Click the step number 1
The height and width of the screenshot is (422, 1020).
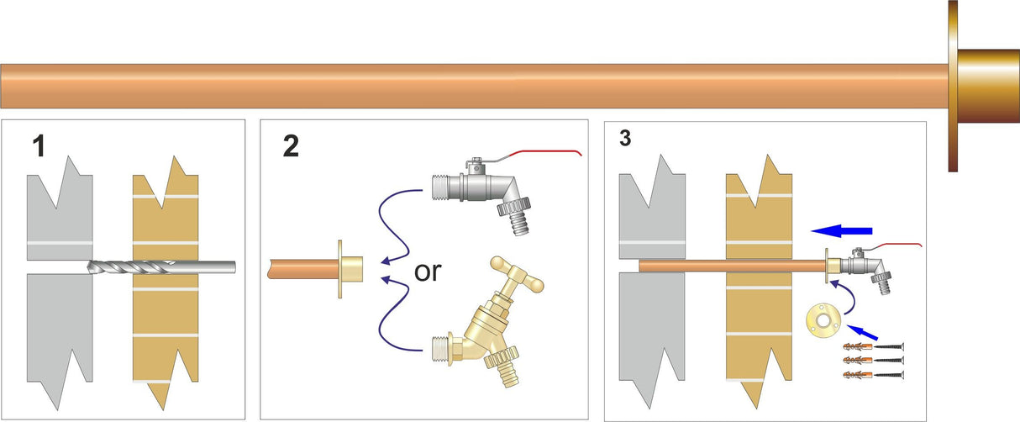point(38,147)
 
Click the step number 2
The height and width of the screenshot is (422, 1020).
point(291,146)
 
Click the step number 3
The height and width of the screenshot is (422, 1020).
point(624,138)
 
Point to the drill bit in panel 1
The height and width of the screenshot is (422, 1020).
point(160,268)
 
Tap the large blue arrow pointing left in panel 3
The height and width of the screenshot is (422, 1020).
point(842,229)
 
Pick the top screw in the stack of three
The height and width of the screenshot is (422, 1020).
point(891,346)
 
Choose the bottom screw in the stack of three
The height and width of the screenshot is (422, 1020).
point(891,373)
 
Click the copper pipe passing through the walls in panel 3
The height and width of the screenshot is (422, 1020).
point(731,266)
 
